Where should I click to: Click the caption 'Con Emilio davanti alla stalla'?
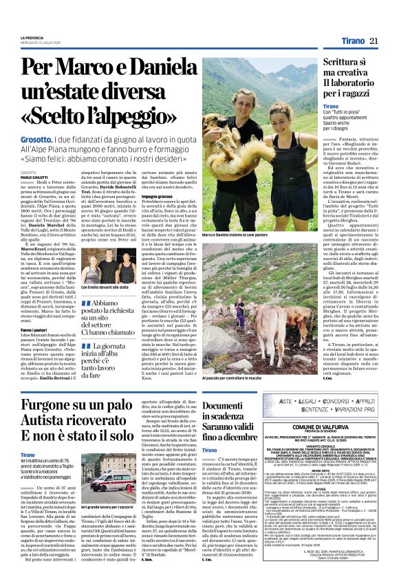click(105, 288)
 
